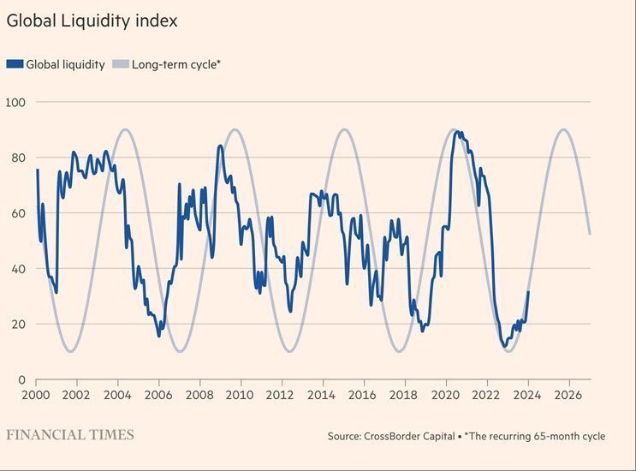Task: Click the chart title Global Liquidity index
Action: [x=92, y=21]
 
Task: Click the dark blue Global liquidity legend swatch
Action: [x=15, y=64]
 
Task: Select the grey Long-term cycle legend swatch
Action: [x=121, y=64]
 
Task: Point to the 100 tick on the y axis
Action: [x=16, y=103]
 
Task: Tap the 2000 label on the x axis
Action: [x=36, y=396]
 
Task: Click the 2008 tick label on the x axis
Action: [x=199, y=396]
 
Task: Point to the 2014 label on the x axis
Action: [x=322, y=396]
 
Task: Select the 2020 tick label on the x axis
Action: [x=445, y=396]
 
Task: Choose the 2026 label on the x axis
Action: [x=568, y=396]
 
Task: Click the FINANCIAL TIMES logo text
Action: [x=70, y=435]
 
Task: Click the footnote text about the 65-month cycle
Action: [x=535, y=437]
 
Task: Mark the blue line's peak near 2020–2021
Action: [x=457, y=131]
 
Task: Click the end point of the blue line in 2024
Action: [x=528, y=292]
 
